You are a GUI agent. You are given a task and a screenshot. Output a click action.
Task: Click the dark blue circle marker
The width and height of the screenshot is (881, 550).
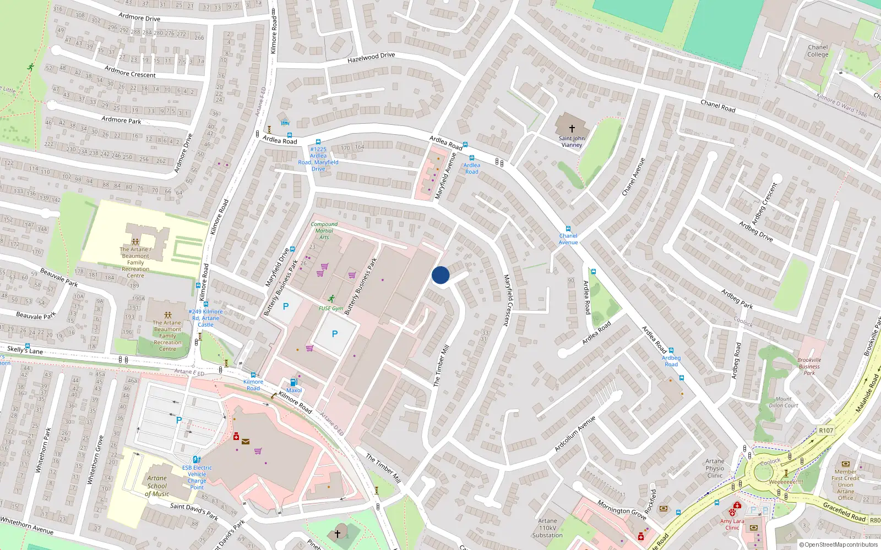click(440, 275)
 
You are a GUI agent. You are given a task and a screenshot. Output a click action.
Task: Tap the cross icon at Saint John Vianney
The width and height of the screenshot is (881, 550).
click(572, 129)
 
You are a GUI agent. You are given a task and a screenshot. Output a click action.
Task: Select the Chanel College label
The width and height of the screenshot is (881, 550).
click(818, 51)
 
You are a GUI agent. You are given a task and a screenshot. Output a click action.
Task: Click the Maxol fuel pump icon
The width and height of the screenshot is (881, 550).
click(293, 382)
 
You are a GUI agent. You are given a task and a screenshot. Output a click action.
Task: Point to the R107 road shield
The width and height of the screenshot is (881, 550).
click(826, 431)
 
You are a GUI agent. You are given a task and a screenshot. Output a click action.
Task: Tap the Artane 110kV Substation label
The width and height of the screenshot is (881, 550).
click(547, 528)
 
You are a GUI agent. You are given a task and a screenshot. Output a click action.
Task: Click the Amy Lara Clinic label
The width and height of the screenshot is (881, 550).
click(732, 524)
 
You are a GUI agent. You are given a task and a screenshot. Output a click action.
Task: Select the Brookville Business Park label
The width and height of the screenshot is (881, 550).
click(809, 367)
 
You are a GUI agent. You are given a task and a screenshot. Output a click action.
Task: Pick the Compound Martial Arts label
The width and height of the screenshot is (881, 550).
click(324, 230)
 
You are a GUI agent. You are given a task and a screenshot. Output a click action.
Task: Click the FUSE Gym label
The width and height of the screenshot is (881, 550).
click(331, 309)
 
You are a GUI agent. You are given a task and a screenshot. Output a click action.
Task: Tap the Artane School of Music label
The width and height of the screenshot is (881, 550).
click(157, 486)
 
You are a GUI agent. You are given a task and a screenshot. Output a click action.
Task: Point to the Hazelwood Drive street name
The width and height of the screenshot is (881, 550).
click(371, 57)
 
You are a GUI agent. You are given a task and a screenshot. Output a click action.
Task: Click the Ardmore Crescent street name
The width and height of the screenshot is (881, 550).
click(130, 71)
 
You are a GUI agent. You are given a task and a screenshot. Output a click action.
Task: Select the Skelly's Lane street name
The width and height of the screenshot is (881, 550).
click(25, 350)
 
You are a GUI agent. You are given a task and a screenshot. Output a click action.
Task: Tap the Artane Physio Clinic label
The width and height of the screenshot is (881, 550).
click(715, 468)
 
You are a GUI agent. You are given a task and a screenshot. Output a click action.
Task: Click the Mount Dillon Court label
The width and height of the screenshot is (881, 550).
click(784, 402)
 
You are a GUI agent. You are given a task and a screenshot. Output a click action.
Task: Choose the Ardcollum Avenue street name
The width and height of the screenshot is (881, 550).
click(575, 434)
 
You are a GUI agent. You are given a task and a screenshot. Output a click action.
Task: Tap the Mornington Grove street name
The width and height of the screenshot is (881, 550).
click(622, 510)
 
